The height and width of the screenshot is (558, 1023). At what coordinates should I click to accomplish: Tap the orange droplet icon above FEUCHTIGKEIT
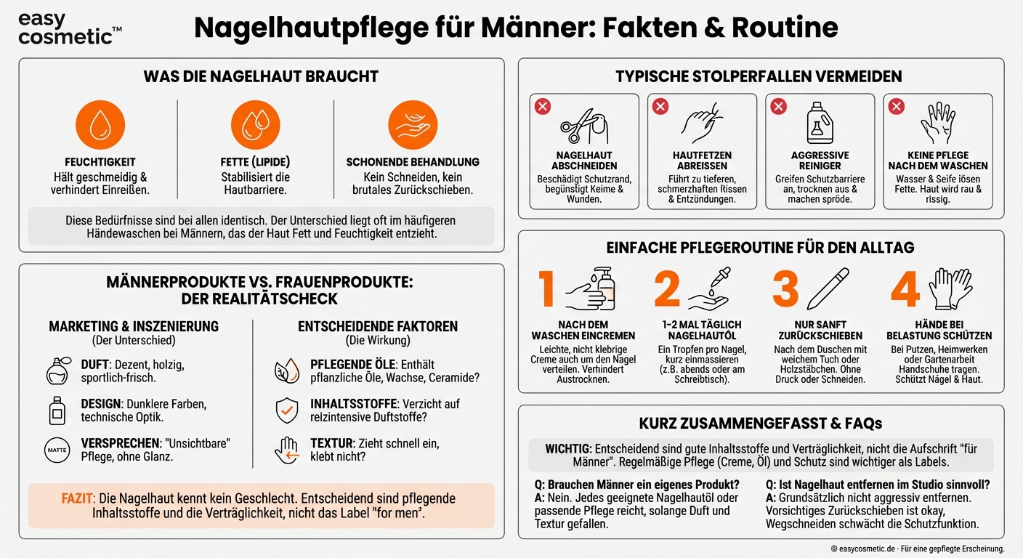click(100, 125)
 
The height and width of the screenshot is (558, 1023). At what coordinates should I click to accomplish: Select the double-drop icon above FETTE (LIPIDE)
click(255, 125)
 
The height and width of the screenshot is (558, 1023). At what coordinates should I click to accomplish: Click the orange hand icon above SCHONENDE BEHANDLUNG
click(412, 125)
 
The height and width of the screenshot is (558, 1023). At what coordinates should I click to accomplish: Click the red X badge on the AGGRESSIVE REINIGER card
click(778, 107)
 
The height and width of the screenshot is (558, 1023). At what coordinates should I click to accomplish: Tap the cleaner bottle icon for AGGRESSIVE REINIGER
click(820, 124)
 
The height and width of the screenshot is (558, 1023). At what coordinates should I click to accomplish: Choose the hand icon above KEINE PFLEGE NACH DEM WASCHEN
click(938, 123)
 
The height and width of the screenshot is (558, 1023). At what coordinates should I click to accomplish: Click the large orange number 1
click(547, 290)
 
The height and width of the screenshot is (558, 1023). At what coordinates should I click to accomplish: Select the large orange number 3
click(785, 290)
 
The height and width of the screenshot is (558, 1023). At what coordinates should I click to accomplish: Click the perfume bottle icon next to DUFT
click(57, 371)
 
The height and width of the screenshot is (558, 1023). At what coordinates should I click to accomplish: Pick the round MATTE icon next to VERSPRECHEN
click(57, 450)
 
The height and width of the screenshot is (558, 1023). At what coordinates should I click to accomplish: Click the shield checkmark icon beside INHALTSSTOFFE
click(286, 411)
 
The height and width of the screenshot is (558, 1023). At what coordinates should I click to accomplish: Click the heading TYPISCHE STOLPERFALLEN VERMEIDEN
click(759, 76)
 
